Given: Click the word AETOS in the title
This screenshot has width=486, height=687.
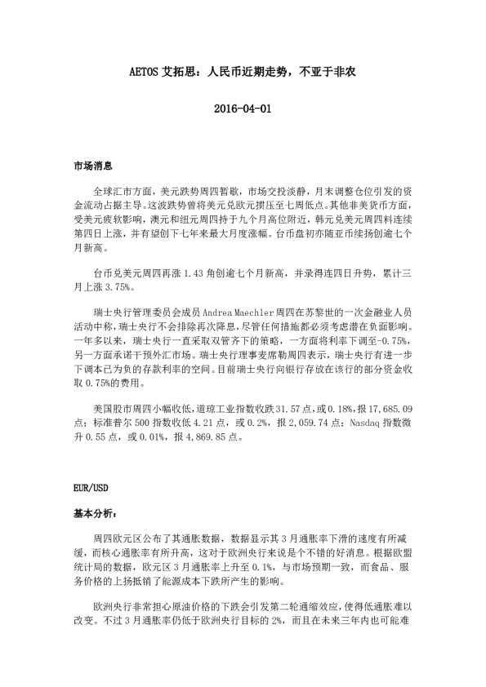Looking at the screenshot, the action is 147,72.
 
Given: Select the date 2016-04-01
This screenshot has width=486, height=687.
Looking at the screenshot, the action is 243,109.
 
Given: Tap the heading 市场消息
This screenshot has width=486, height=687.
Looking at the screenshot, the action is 91,165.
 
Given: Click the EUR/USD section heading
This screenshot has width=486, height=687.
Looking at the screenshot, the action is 90,489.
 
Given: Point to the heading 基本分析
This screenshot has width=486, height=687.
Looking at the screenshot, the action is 94,515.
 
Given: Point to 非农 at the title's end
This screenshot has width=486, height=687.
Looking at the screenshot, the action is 341,72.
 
